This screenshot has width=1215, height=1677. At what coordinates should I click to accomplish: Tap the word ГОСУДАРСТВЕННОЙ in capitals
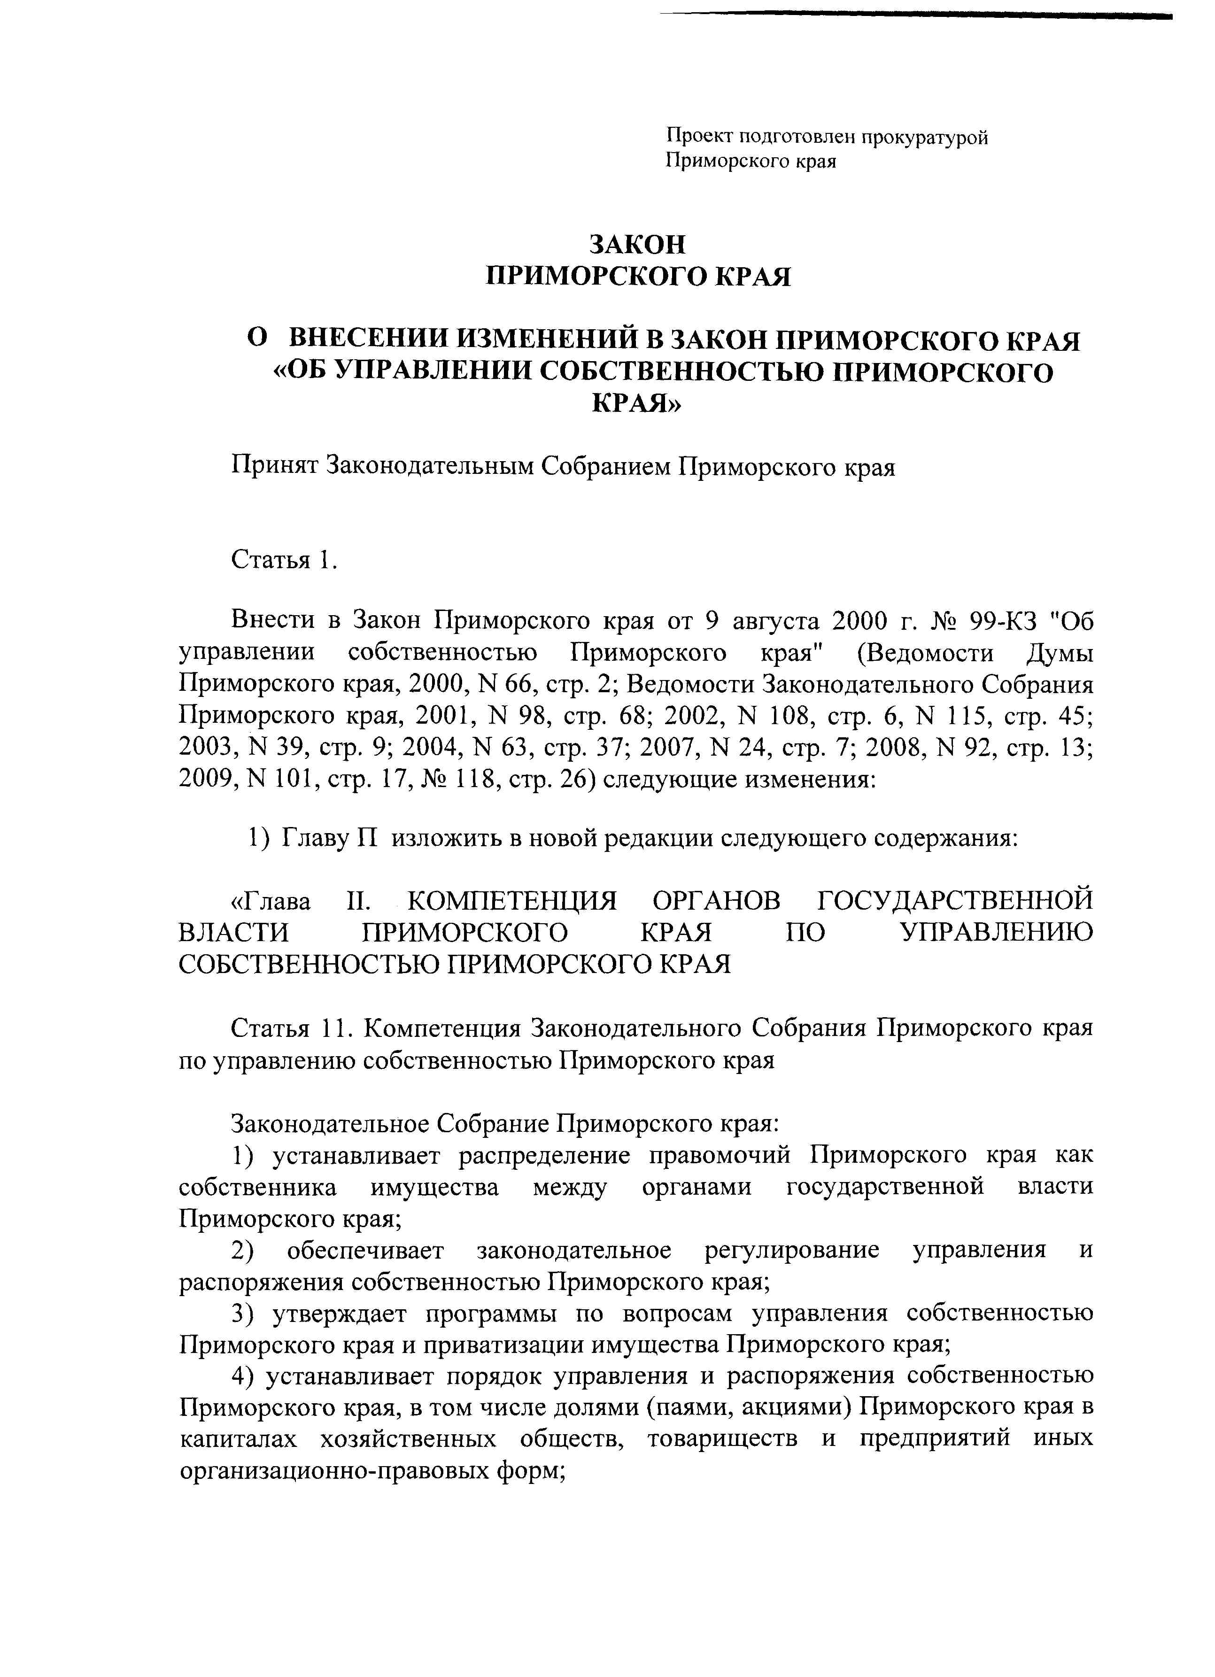coord(955,901)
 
